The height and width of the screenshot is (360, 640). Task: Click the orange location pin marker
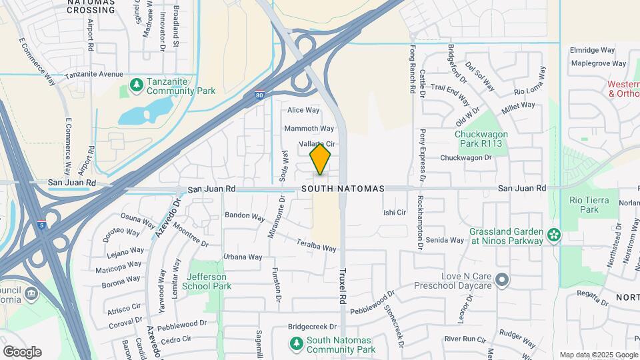coord(320,159)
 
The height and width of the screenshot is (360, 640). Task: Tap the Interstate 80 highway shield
coord(259,97)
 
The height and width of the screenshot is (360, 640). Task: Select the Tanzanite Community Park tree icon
coord(136,85)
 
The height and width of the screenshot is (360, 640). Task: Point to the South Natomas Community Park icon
coord(297,343)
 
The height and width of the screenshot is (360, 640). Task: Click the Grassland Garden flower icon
coord(553,235)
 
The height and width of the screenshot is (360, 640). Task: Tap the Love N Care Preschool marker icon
coord(502,280)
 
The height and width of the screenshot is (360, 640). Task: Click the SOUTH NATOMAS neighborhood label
coord(343,189)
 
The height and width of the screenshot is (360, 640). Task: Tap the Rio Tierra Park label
coord(584,205)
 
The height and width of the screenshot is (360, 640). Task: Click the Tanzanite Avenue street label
coord(94,75)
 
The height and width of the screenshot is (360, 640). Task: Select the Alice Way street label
coord(303,110)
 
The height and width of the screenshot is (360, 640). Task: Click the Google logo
coord(22,352)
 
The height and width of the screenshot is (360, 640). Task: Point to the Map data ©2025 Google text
coord(597,355)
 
